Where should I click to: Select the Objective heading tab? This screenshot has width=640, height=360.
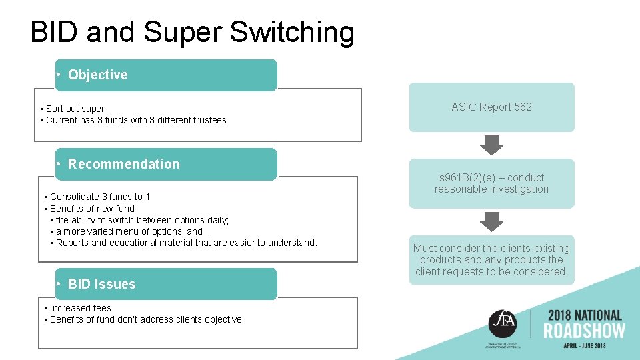point(165,75)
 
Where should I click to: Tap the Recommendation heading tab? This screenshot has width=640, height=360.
point(165,164)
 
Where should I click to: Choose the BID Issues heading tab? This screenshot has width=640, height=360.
point(165,284)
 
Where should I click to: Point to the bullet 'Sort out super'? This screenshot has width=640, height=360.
point(75,109)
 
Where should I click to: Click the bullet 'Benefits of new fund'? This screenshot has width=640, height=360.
point(92,209)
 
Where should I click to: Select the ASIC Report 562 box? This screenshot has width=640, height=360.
point(491,107)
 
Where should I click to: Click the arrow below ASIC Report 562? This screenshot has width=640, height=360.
point(492,144)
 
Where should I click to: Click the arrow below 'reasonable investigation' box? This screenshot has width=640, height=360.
point(492,221)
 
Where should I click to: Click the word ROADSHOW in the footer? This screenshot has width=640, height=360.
point(585,331)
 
